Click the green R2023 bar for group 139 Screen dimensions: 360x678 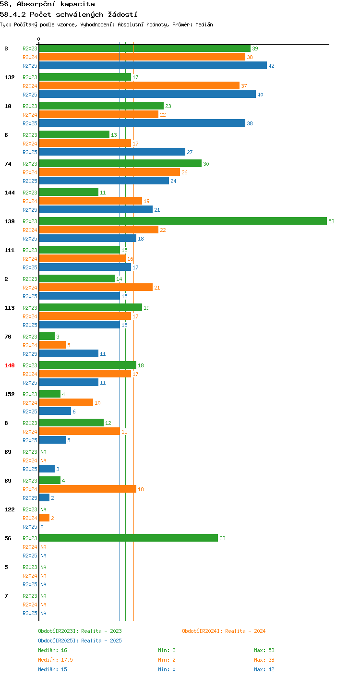183,221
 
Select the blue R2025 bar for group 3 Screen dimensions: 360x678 153,65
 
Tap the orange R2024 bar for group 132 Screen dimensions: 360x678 140,85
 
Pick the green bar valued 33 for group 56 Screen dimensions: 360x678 129,538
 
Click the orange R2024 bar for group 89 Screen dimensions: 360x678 88,489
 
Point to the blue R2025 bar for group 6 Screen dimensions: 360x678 112,152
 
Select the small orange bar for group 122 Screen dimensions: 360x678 44,518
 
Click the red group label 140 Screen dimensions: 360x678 10,365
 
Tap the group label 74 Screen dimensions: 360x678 8,164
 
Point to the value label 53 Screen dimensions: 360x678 331,221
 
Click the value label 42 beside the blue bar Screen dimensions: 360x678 271,66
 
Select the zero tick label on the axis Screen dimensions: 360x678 38,39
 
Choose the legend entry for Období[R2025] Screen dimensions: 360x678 80,641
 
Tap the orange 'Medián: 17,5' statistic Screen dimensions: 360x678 55,660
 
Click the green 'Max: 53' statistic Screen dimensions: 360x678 264,650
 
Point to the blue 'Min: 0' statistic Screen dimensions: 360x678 167,669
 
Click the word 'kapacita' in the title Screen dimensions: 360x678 77,4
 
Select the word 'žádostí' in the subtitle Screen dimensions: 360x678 122,14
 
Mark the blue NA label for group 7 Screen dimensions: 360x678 44,613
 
